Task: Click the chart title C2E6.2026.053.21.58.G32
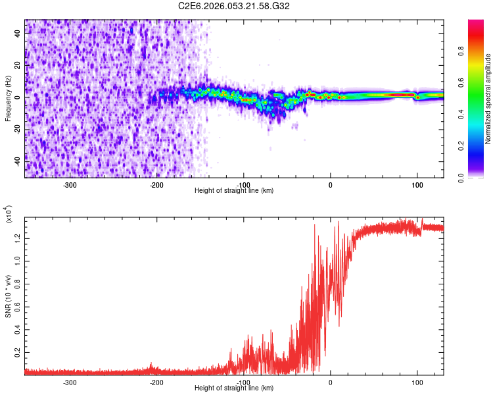(234, 6)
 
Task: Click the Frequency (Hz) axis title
(8, 99)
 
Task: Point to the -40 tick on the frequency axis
(17, 160)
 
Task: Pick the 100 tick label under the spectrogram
(417, 184)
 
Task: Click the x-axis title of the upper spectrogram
(234, 191)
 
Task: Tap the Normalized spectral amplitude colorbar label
(488, 99)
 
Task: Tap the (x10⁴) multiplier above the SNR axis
(8, 215)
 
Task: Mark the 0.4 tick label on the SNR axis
(18, 329)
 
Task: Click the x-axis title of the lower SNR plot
(234, 388)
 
